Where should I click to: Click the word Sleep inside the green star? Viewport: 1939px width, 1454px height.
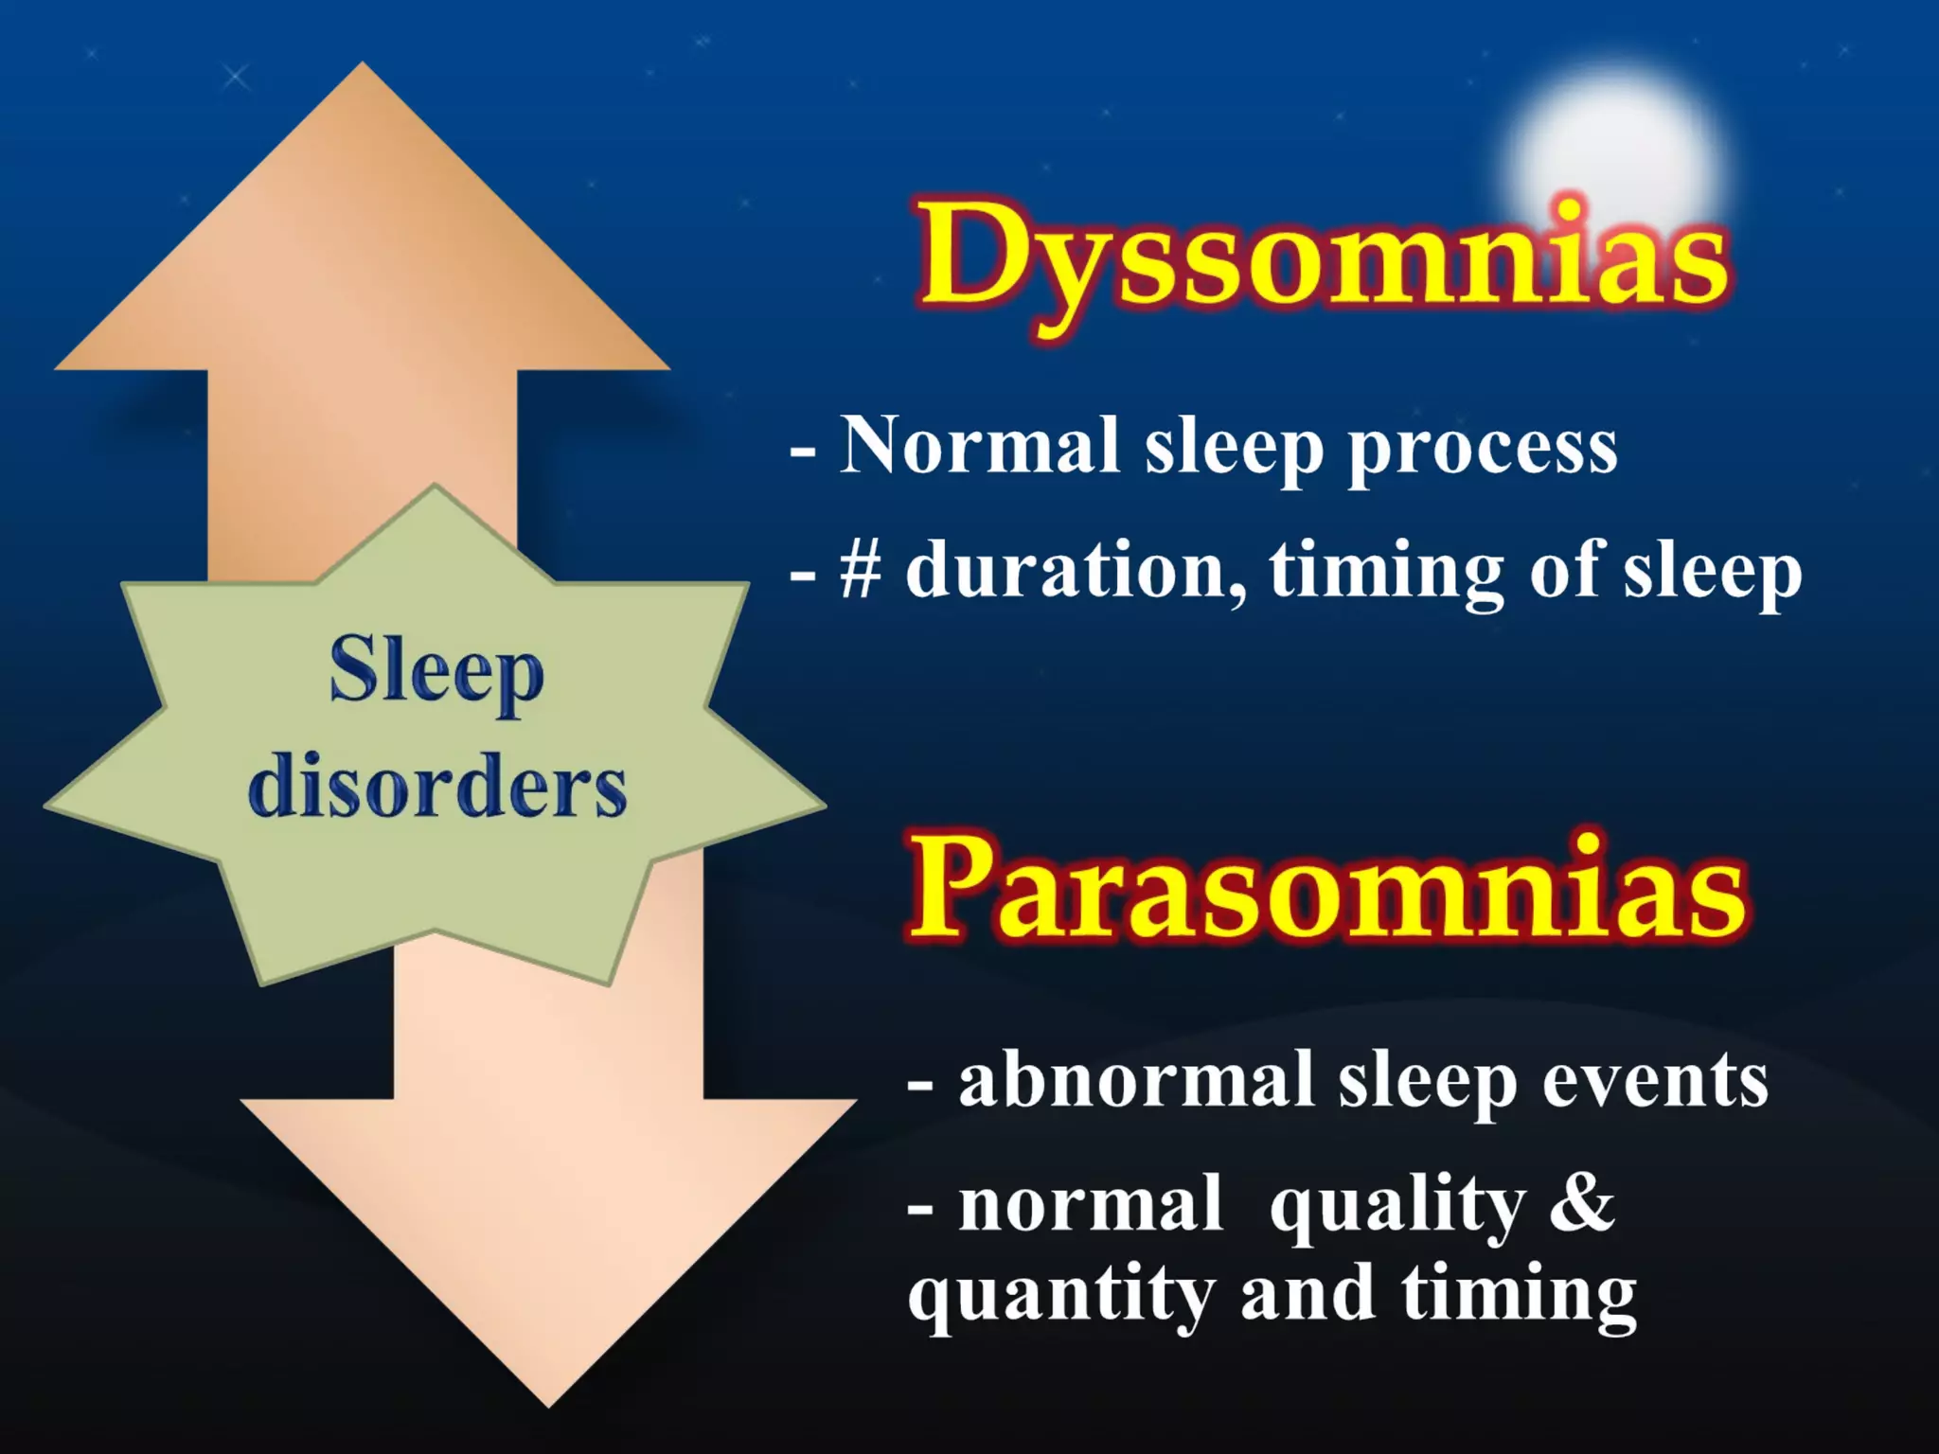pos(436,673)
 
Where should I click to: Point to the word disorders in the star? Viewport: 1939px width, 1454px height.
pos(436,788)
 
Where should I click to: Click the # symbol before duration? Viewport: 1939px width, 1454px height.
pos(860,571)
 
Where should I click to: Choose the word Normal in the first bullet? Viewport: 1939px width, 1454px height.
pos(980,446)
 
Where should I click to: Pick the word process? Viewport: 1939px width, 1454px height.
pos(1483,450)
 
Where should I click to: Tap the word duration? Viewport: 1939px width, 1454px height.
pos(1075,571)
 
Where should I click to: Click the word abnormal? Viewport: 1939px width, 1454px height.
pos(1136,1080)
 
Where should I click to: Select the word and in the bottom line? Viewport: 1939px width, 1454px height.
pos(1307,1295)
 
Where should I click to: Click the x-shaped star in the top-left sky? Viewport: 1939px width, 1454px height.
pos(236,77)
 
